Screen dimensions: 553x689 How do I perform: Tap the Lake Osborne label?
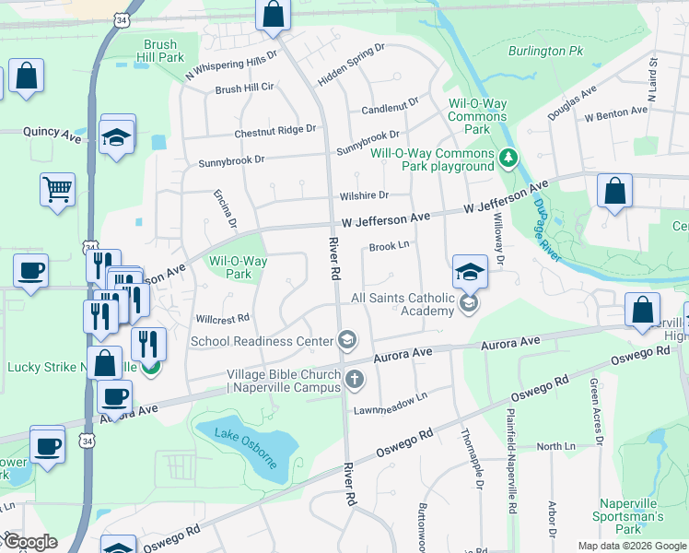tap(246, 447)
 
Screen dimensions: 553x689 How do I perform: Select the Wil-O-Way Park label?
tap(238, 267)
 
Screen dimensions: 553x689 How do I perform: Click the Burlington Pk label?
tap(545, 52)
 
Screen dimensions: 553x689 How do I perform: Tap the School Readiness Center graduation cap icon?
tap(346, 341)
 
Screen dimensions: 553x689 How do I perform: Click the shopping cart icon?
tap(57, 189)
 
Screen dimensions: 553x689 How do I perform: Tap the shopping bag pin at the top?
tap(273, 14)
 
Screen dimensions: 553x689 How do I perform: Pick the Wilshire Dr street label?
tap(364, 195)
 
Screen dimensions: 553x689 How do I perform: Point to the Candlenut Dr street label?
tap(391, 108)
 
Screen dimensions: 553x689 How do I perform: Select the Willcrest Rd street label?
tap(223, 318)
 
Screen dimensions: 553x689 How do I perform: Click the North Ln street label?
tap(555, 446)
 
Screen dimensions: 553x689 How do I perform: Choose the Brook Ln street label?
tap(389, 246)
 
